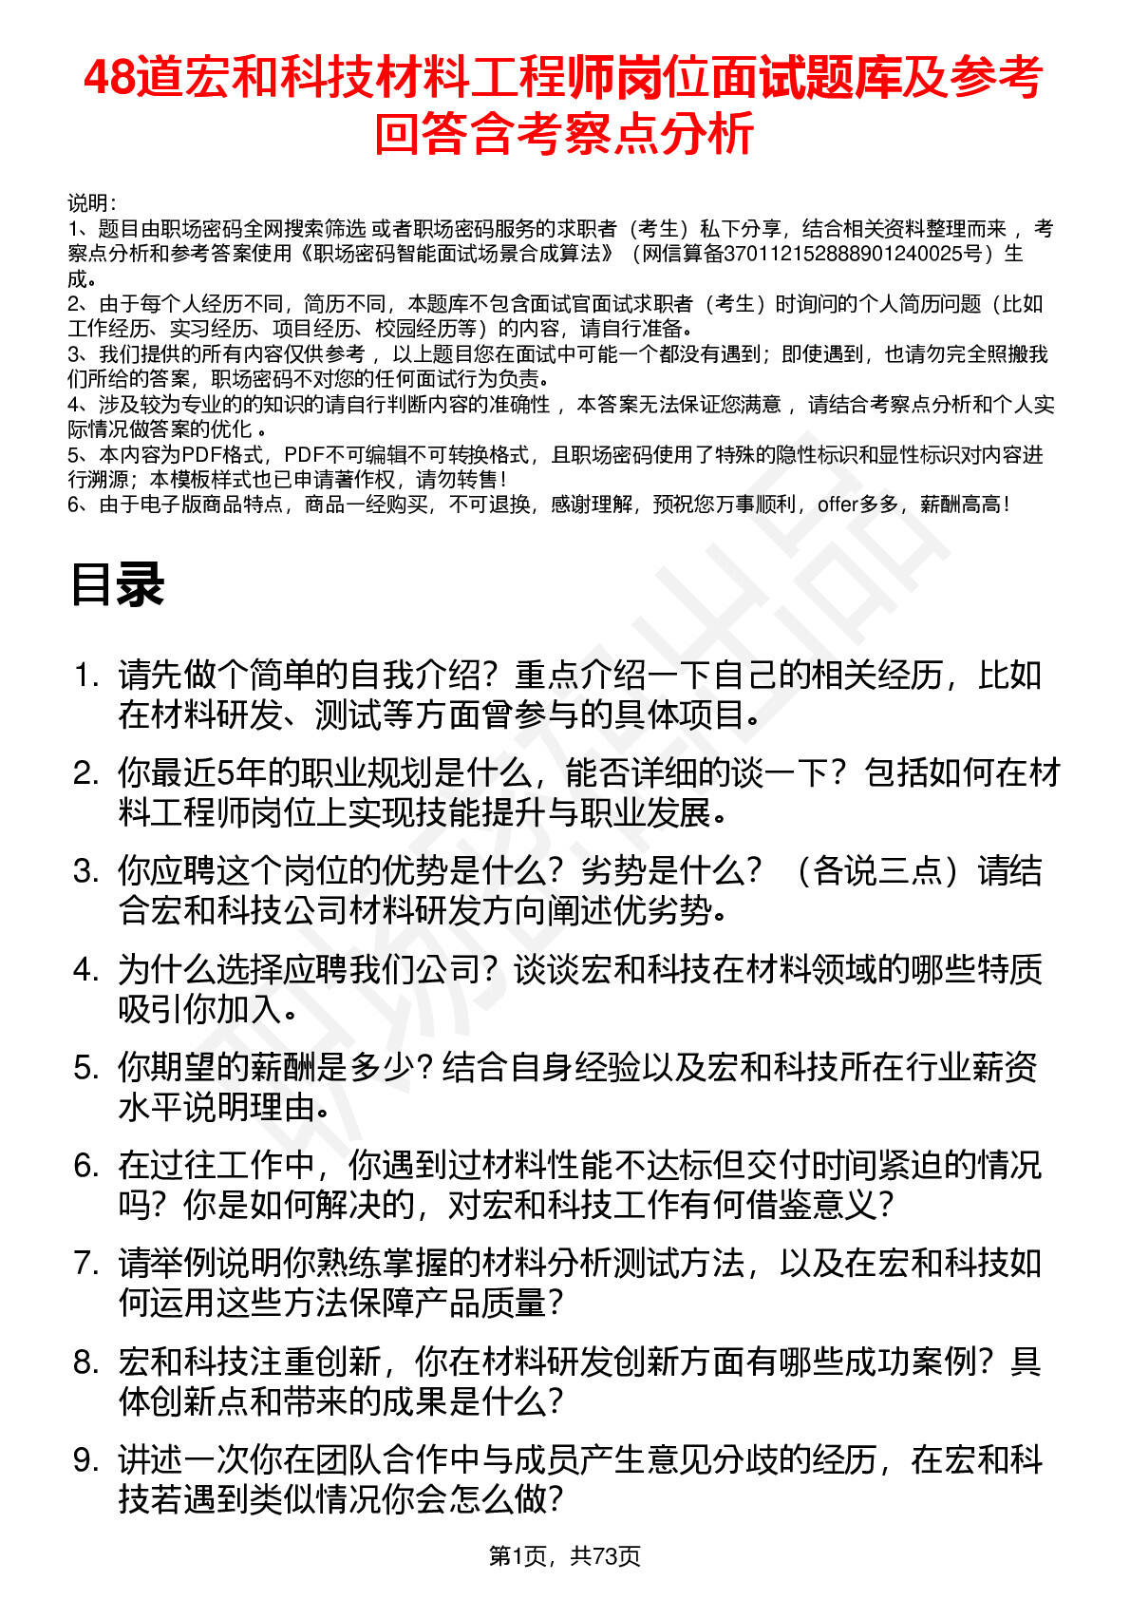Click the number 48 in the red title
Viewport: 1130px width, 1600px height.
click(x=109, y=78)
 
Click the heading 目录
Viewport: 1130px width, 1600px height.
click(x=118, y=583)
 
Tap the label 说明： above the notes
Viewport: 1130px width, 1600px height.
click(x=91, y=203)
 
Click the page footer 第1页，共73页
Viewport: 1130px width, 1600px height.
click(x=564, y=1555)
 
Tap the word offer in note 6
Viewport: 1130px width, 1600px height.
click(x=838, y=505)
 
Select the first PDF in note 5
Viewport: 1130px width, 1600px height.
click(x=201, y=455)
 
